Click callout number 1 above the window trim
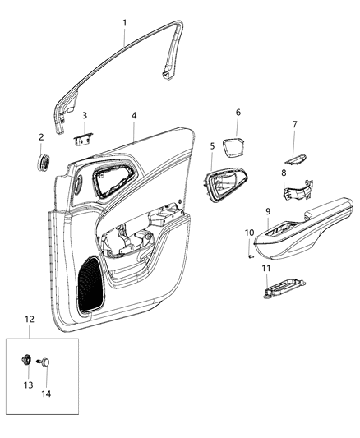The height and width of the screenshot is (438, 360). pyautogui.click(x=125, y=23)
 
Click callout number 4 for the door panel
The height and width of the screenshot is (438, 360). pyautogui.click(x=133, y=116)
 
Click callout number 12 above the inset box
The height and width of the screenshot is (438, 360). pyautogui.click(x=30, y=319)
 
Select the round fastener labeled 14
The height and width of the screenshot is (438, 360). pyautogui.click(x=47, y=361)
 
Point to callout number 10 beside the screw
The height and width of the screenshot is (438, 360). pyautogui.click(x=249, y=233)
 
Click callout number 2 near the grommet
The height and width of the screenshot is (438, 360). pyautogui.click(x=41, y=136)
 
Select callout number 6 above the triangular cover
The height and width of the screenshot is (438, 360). pyautogui.click(x=238, y=113)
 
